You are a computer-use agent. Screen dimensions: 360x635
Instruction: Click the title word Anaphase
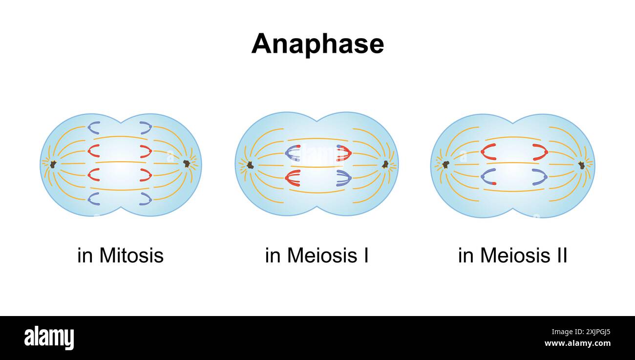tap(317, 44)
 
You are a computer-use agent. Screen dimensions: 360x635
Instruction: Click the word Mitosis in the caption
tap(131, 255)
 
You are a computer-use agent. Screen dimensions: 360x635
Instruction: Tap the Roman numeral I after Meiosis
tap(365, 255)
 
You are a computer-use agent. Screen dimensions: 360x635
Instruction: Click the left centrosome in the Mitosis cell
tap(53, 164)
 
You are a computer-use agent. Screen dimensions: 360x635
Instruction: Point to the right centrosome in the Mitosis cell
tap(187, 164)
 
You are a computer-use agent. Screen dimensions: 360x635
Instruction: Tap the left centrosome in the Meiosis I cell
tap(250, 165)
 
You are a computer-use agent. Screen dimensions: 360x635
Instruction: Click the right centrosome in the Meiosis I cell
tap(385, 164)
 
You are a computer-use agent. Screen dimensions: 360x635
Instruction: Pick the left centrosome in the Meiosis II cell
tap(445, 165)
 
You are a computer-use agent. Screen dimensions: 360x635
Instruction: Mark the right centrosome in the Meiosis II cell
tap(581, 165)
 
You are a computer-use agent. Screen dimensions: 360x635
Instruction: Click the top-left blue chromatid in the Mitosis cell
tap(93, 128)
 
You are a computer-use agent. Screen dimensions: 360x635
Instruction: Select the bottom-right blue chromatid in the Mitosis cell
tap(146, 198)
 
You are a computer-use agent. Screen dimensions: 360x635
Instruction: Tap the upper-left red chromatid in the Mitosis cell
tap(93, 151)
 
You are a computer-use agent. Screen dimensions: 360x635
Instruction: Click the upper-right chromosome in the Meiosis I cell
tap(344, 153)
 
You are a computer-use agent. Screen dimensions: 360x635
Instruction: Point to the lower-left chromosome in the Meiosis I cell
tap(293, 178)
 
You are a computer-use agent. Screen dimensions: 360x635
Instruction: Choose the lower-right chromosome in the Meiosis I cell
tap(344, 178)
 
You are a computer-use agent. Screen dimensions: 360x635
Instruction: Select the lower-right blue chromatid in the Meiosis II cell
tap(540, 177)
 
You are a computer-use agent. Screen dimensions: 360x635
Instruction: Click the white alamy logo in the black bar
tap(49, 338)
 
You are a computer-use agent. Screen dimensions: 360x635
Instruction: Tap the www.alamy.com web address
tap(577, 343)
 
